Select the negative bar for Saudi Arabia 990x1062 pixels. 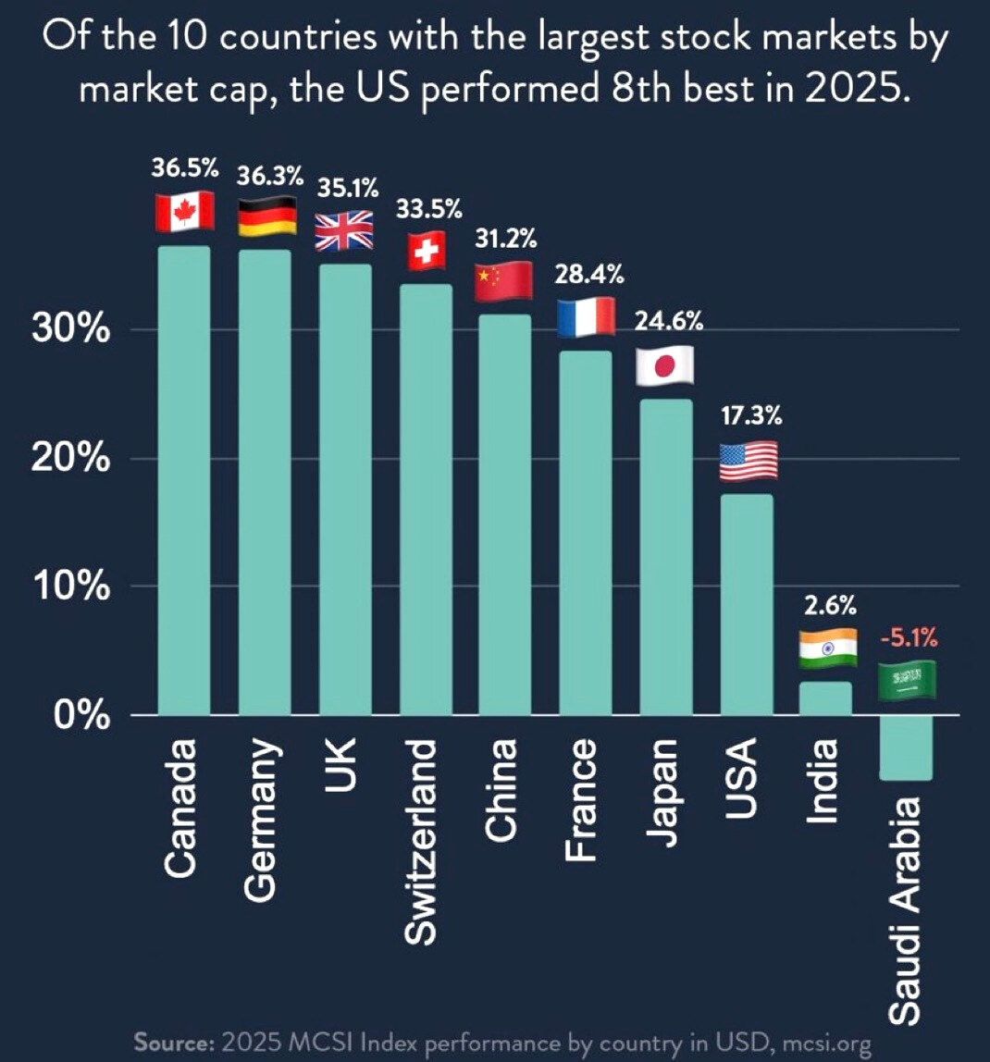(x=906, y=747)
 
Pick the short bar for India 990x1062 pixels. (x=825, y=698)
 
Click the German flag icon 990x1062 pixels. (x=267, y=216)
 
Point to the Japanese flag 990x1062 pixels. (x=664, y=365)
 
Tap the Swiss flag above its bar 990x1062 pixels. (x=427, y=251)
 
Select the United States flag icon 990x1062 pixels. (x=748, y=461)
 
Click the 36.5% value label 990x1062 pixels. (x=185, y=169)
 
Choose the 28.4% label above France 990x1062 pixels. (x=588, y=274)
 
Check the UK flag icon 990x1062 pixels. (x=343, y=230)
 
